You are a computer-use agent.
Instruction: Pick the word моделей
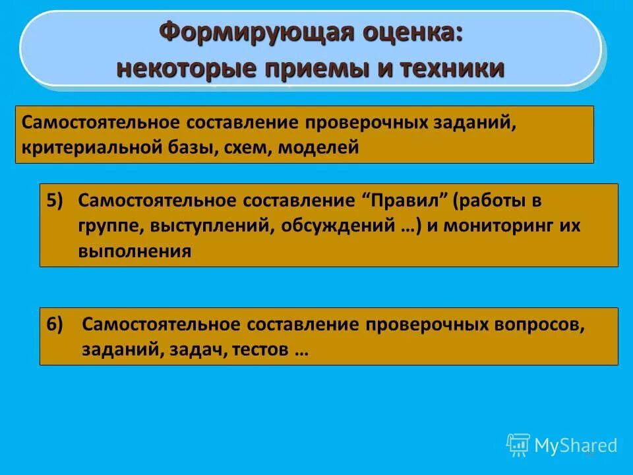(x=318, y=147)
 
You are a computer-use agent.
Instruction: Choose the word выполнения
(x=135, y=251)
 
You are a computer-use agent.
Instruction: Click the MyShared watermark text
(x=575, y=445)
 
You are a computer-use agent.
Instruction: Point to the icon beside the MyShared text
(x=518, y=445)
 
